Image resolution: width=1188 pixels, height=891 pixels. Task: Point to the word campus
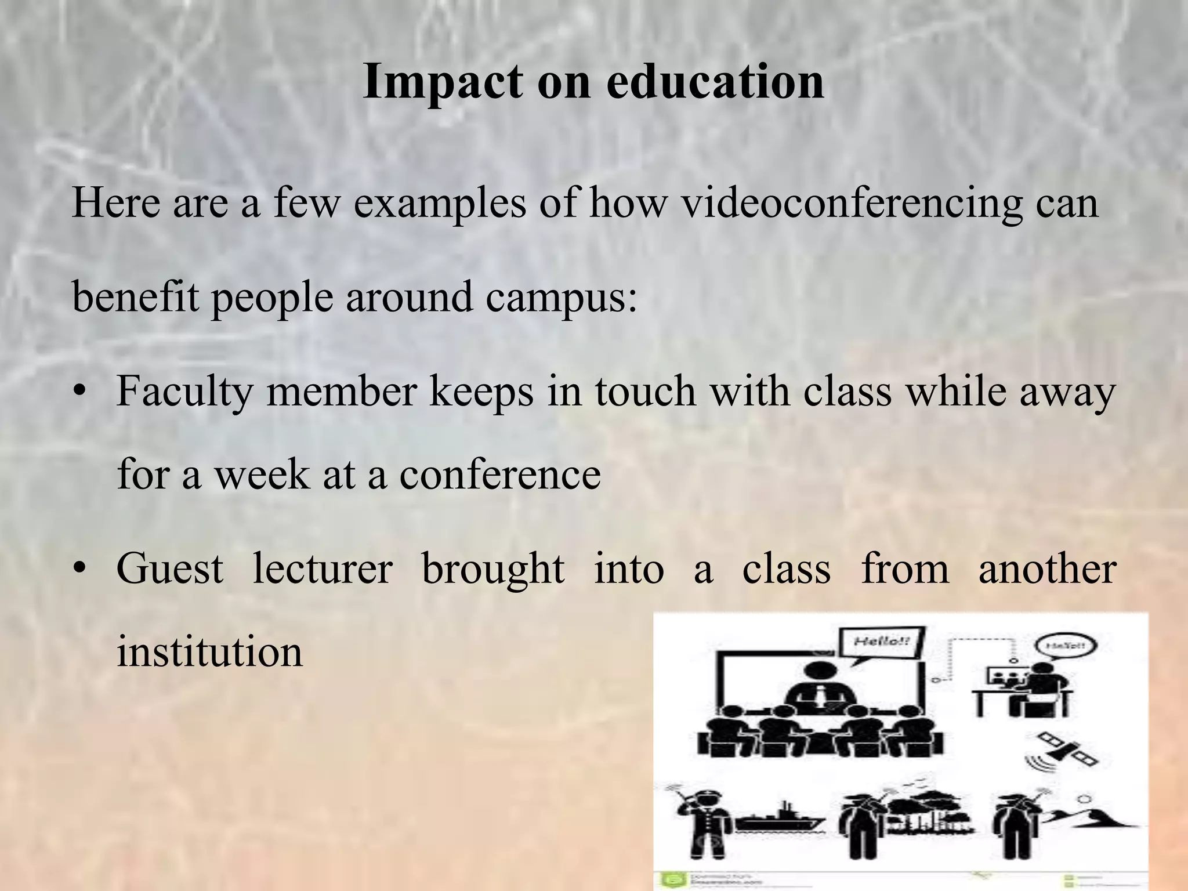click(560, 297)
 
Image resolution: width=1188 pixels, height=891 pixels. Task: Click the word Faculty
click(184, 392)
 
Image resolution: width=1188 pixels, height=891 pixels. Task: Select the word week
click(262, 475)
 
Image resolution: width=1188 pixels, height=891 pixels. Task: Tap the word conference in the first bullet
click(499, 475)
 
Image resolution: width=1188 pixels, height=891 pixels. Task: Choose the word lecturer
click(323, 568)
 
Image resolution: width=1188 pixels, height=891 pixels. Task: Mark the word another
click(1047, 568)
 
